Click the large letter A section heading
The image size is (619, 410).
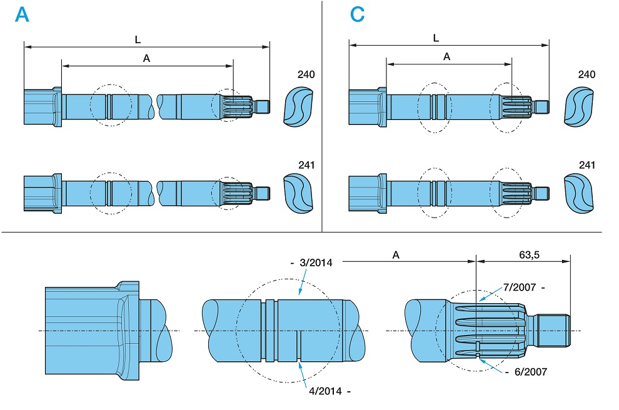[23, 15]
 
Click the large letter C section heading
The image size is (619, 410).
[357, 15]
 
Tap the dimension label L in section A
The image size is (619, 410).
[138, 39]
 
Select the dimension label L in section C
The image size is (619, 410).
[436, 38]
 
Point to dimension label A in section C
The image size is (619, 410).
[446, 56]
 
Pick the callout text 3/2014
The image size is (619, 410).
[316, 263]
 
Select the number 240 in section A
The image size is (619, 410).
[306, 75]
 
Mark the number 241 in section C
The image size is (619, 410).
[586, 165]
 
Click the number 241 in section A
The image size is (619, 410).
[306, 165]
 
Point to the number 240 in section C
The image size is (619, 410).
[586, 75]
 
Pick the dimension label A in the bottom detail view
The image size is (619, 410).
[396, 254]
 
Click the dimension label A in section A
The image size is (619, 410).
[146, 58]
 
